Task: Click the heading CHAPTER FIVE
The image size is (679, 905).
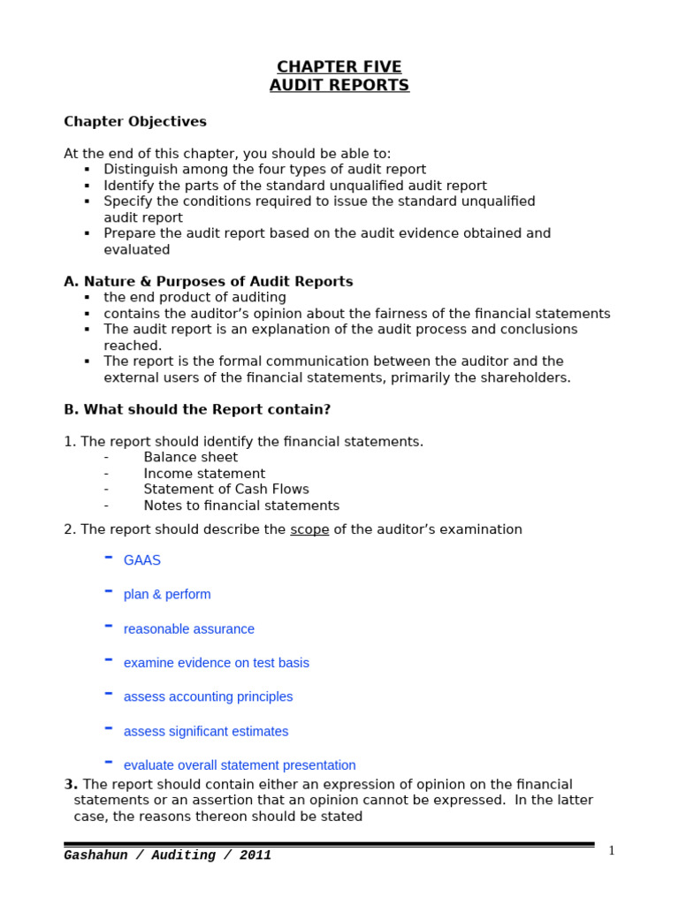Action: (339, 67)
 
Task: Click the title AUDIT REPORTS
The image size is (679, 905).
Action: (339, 86)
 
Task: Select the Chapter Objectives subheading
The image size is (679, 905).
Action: (135, 122)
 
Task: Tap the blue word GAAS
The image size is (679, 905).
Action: (142, 560)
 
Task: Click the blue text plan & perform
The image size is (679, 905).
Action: (167, 595)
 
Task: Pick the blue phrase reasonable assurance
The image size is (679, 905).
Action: (189, 629)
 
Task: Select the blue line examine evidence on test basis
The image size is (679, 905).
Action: (217, 663)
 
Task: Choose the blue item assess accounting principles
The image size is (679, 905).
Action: (209, 696)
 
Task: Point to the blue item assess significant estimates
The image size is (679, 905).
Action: (206, 731)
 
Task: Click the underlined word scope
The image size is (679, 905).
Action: (309, 529)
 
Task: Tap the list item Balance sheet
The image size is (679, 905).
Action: (191, 458)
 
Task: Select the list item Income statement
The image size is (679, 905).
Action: (204, 474)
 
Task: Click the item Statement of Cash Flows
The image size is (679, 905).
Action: (226, 490)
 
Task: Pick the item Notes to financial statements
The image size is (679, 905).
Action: (241, 506)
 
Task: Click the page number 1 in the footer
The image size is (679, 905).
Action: (611, 851)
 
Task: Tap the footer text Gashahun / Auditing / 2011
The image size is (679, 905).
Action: (168, 856)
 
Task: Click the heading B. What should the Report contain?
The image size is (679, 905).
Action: (197, 410)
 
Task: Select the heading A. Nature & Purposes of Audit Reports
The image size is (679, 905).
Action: (209, 282)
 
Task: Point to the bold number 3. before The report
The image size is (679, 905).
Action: (71, 785)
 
